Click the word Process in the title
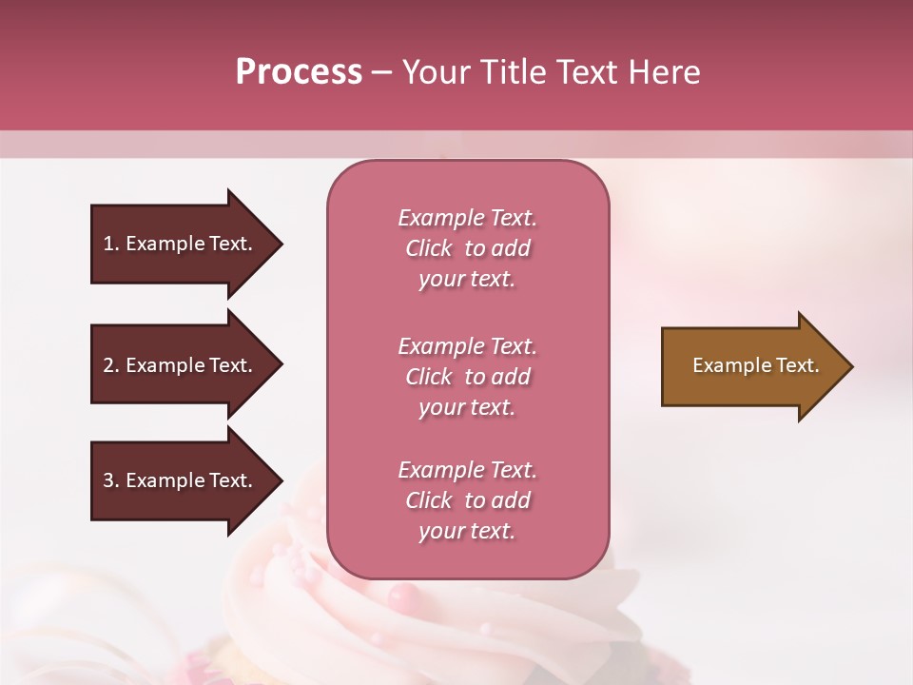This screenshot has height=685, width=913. (299, 72)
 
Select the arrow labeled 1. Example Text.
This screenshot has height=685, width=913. (181, 244)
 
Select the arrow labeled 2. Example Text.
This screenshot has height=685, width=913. (181, 365)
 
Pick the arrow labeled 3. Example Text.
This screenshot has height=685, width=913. (181, 480)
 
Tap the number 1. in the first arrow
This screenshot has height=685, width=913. (111, 244)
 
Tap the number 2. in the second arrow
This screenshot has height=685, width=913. (111, 365)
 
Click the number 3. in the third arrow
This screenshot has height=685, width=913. (111, 480)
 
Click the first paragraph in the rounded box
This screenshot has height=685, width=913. (467, 248)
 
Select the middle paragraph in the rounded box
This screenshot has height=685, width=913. (467, 377)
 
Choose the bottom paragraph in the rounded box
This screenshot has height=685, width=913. (467, 500)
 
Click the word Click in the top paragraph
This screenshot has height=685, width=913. (429, 248)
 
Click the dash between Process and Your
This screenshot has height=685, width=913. (382, 73)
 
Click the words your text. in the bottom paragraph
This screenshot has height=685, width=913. (467, 531)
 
